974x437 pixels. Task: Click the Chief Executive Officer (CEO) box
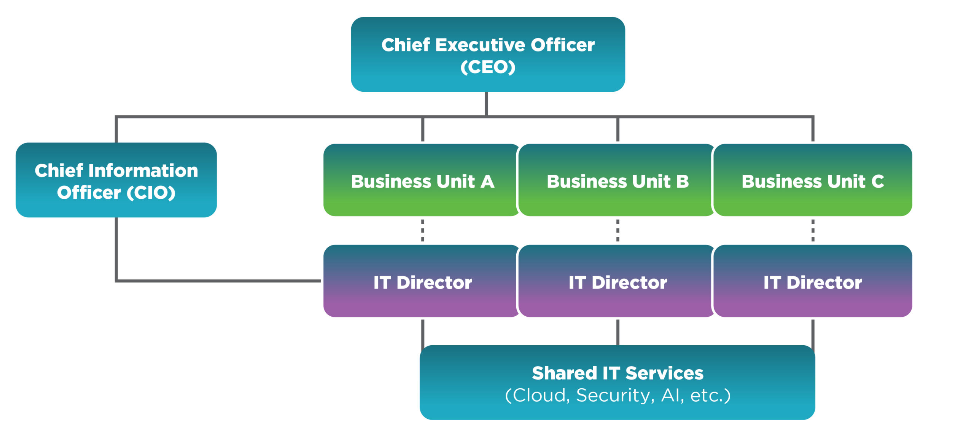(x=488, y=54)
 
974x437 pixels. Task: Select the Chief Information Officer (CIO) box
(x=116, y=180)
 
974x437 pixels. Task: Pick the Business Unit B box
(x=617, y=180)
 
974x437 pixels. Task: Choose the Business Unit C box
(x=813, y=180)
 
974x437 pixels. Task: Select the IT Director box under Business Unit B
(x=617, y=281)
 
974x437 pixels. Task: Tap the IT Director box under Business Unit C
(x=813, y=281)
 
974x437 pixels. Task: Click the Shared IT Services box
(x=617, y=383)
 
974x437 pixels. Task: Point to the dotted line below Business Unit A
(x=423, y=230)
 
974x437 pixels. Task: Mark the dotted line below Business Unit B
(x=618, y=230)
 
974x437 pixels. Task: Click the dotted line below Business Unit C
(x=813, y=230)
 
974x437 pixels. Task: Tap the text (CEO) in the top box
(x=488, y=67)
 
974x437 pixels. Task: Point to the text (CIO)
(x=151, y=193)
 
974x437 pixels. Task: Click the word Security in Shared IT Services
(x=615, y=396)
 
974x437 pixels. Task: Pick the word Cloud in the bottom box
(x=540, y=396)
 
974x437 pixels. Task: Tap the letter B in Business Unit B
(x=683, y=181)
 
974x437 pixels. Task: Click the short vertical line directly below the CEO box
(x=486, y=104)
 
